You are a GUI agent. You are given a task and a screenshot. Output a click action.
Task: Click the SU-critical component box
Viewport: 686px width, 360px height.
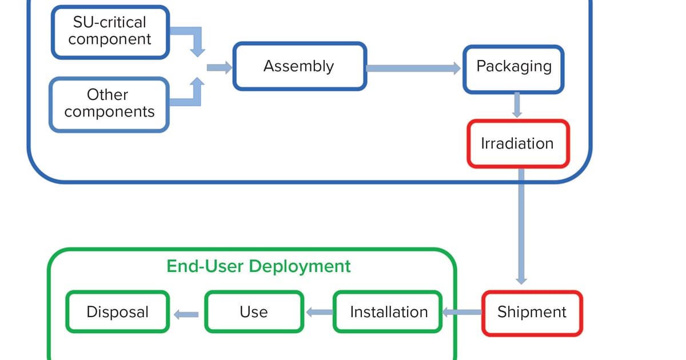110,32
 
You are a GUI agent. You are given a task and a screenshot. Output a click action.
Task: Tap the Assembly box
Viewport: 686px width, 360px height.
299,66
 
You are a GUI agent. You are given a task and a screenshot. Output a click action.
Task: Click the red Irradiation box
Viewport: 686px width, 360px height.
518,143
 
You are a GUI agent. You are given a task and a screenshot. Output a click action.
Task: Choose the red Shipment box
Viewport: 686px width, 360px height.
532,313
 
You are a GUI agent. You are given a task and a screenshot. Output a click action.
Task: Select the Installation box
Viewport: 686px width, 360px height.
388,312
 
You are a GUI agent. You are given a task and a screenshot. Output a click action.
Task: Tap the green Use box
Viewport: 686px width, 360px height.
254,312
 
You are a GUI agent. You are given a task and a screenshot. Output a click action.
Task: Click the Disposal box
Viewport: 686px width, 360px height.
118,312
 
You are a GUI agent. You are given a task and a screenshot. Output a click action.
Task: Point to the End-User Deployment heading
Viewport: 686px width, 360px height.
258,266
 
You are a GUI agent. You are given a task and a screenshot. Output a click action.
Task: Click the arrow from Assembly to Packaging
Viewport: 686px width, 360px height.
413,69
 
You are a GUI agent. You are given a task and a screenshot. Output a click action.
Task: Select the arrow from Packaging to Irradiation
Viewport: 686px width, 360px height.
517,105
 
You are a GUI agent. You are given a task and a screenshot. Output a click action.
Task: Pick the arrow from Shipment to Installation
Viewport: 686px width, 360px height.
462,313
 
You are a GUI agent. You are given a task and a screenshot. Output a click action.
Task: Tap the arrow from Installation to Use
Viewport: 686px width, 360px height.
319,313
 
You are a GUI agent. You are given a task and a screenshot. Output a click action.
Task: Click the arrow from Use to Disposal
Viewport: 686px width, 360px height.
186,314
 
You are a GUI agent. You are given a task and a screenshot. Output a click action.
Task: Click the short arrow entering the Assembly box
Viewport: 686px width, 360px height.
219,68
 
